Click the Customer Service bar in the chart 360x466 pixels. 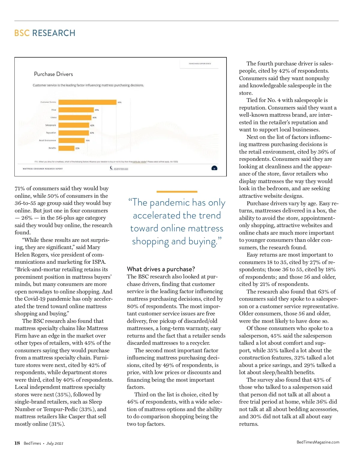(87, 102)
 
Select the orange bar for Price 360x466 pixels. (76, 110)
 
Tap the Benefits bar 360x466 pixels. (66, 148)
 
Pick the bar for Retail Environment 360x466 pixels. (71, 140)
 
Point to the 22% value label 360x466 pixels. (77, 148)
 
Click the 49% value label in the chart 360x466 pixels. (97, 110)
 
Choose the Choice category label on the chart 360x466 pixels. (53, 118)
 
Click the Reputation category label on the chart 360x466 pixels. (51, 133)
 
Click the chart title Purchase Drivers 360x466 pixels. (53, 74)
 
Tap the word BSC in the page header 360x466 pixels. (22, 33)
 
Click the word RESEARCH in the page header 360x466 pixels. (54, 33)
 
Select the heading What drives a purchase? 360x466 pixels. (161, 269)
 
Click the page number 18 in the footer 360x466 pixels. (17, 443)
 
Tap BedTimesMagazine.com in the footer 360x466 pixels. (318, 442)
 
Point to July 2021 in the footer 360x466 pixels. (55, 443)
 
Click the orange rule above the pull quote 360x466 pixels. (177, 191)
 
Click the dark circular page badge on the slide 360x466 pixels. (214, 168)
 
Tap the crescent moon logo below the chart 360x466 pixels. (112, 168)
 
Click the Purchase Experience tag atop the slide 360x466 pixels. (200, 64)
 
